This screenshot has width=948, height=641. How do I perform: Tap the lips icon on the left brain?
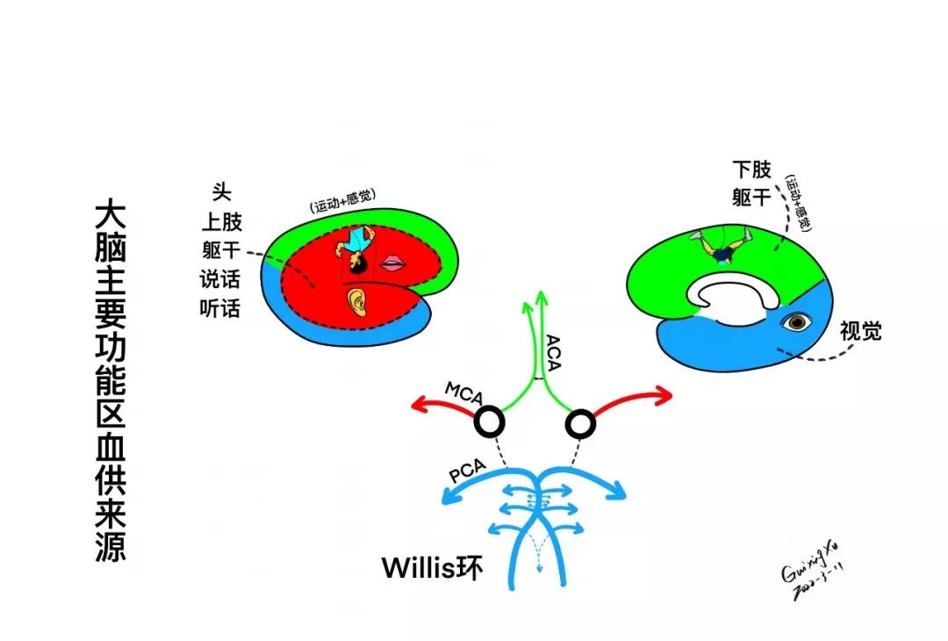(392, 263)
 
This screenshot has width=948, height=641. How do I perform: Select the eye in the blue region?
(796, 323)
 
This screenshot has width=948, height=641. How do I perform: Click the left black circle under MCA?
(490, 423)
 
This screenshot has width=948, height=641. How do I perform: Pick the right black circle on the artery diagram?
(580, 426)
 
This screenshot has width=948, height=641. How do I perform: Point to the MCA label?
(464, 393)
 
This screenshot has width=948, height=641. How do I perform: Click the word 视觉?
(860, 331)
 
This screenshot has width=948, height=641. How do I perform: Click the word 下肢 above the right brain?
(752, 169)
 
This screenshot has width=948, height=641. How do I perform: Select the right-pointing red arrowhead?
(663, 393)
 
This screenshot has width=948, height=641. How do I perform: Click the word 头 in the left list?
(221, 191)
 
